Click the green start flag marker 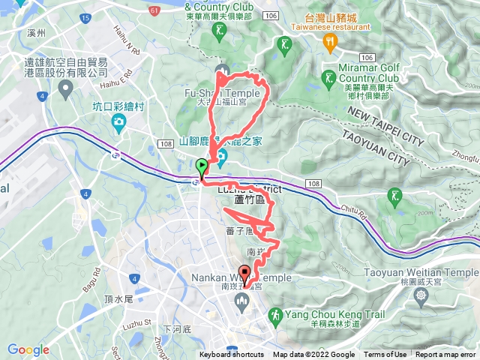point(202,166)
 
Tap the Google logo point(28,349)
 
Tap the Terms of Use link point(386,355)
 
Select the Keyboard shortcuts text point(232,355)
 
